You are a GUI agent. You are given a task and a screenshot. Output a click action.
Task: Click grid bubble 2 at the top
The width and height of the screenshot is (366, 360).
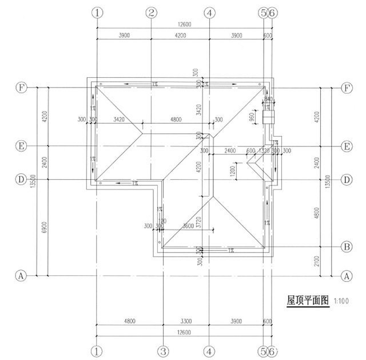coord(151,12)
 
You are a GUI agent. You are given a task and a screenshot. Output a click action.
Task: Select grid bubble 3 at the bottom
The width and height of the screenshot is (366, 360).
coord(162,350)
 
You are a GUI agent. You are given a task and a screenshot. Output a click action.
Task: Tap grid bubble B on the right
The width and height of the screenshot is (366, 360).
coord(346,247)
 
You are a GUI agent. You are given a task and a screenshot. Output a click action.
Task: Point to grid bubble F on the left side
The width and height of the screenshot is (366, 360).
coord(21,88)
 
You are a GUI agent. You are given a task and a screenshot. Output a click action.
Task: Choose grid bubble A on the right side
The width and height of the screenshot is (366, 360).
coord(346,275)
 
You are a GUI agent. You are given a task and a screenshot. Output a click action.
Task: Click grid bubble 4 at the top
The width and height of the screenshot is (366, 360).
coord(210,12)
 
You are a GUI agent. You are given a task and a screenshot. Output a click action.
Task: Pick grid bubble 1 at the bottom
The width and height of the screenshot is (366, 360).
coord(98,350)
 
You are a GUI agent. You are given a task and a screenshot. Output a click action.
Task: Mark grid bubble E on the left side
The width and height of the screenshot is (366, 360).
coord(21,146)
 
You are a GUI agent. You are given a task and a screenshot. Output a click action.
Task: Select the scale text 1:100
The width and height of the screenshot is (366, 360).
coord(340,300)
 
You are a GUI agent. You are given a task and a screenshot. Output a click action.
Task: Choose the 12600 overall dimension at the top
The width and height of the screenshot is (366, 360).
coord(184,24)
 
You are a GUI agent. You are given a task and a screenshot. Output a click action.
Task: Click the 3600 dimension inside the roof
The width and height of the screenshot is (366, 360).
coord(188,226)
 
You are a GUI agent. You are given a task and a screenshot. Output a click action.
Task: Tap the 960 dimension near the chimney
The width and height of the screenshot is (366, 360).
coord(252,117)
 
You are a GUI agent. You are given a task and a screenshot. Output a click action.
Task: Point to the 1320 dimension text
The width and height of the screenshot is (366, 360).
coord(264,151)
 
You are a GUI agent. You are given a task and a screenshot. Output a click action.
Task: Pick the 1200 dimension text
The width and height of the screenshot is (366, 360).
coord(232,171)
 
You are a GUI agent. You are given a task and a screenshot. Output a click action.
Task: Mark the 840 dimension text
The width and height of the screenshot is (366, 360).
coord(269,98)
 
